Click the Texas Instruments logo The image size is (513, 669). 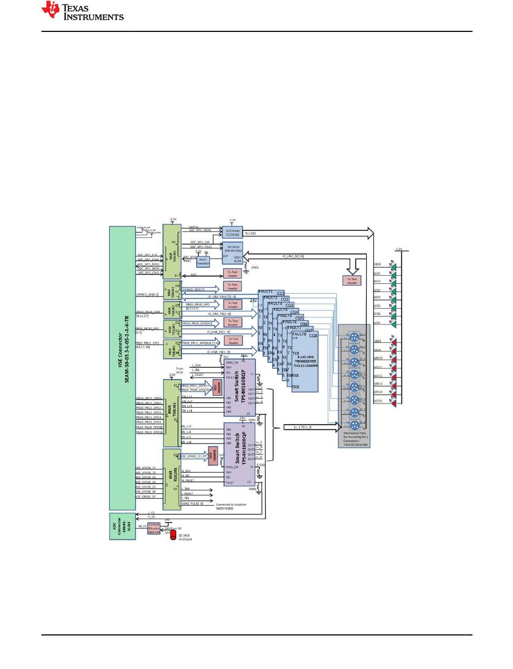click(x=84, y=11)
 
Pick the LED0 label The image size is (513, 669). click(x=377, y=264)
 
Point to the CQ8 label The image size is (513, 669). click(x=313, y=336)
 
